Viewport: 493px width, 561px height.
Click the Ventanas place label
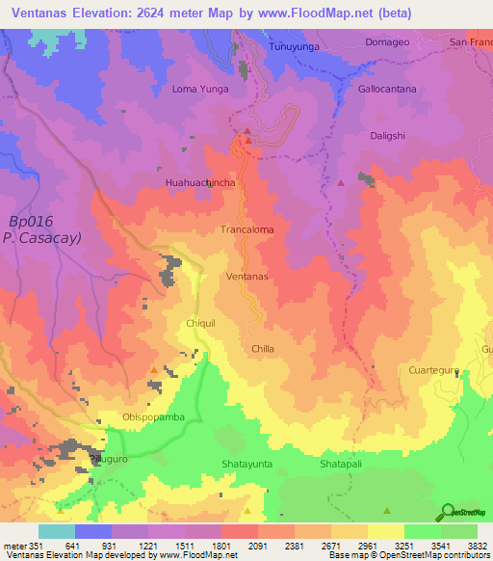pyautogui.click(x=246, y=276)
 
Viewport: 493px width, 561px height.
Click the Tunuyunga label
pyautogui.click(x=295, y=45)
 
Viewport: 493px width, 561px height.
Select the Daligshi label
pyautogui.click(x=392, y=136)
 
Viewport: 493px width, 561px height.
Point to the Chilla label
pyautogui.click(x=263, y=348)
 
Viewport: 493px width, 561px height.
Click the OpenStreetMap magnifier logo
pyautogui.click(x=448, y=512)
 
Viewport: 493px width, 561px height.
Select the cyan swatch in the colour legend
pyautogui.click(x=56, y=531)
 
